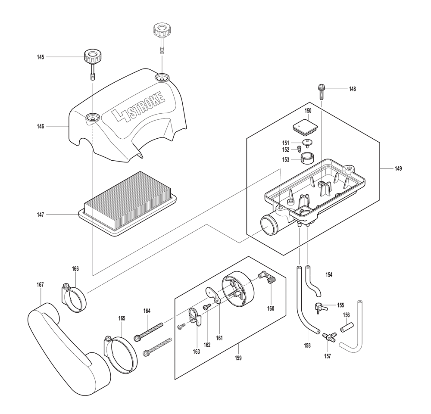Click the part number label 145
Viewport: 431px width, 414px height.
(41, 57)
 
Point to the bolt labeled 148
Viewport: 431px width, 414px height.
(322, 92)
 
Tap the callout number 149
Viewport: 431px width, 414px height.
(398, 169)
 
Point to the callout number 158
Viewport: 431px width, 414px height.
(307, 346)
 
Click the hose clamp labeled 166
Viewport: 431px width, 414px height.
(74, 298)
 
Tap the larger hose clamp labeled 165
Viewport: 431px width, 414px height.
(121, 354)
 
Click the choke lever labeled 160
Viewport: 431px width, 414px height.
(268, 277)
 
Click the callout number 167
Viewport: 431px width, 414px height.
(40, 285)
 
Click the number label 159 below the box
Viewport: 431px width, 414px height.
(238, 358)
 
